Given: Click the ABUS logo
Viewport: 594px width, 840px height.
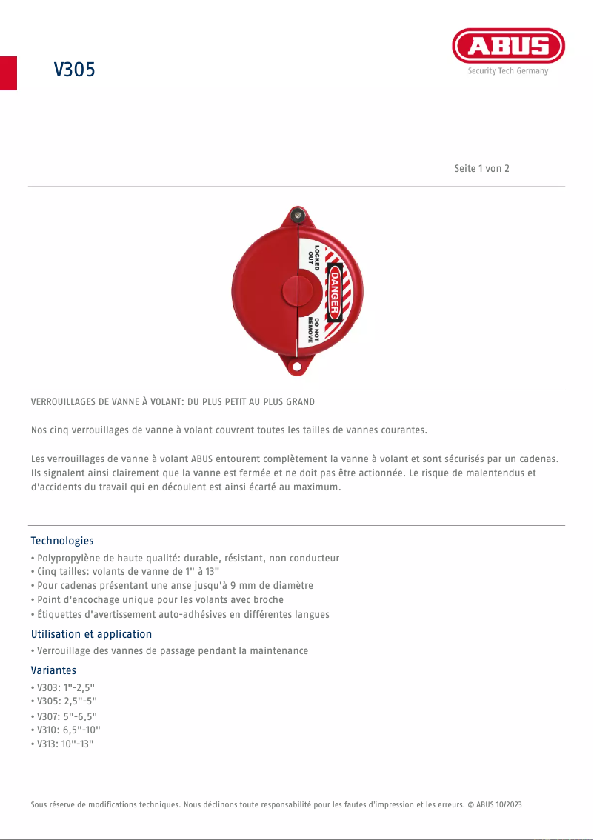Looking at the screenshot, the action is pyautogui.click(x=508, y=46).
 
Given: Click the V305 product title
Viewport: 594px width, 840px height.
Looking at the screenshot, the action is pyautogui.click(x=74, y=70).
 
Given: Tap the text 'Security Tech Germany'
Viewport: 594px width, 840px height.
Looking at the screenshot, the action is pyautogui.click(x=508, y=71).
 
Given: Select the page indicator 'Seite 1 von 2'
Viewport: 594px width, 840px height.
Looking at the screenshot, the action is pyautogui.click(x=481, y=168).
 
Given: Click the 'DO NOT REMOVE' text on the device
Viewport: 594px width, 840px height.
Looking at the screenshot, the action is pyautogui.click(x=314, y=329).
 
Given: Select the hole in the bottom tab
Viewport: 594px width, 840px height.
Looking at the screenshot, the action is pyautogui.click(x=298, y=367).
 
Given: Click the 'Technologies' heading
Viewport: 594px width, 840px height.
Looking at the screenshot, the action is pyautogui.click(x=62, y=541).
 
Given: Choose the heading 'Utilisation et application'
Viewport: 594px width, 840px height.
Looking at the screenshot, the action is pyautogui.click(x=91, y=634).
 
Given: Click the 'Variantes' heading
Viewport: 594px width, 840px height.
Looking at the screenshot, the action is pyautogui.click(x=53, y=670).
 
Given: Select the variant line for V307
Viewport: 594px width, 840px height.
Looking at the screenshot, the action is pyautogui.click(x=67, y=716).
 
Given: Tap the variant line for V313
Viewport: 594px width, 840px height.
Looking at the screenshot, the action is pyautogui.click(x=66, y=744).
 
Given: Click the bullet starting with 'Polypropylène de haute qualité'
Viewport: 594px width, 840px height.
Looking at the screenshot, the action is pyautogui.click(x=185, y=558).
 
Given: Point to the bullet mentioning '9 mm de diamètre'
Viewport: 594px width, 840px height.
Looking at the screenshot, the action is pyautogui.click(x=172, y=585).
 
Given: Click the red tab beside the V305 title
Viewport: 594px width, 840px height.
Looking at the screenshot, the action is pyautogui.click(x=8, y=73).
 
